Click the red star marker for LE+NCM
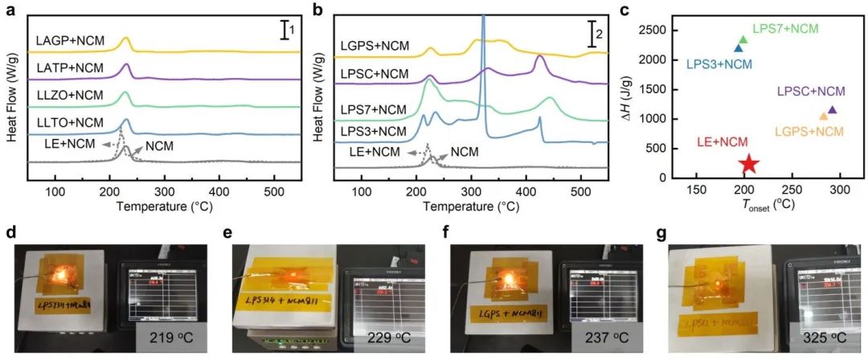(x=749, y=164)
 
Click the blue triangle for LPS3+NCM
(x=739, y=48)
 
